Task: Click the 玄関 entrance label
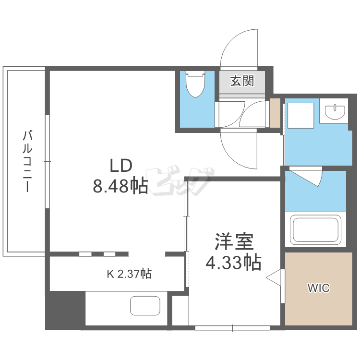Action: [242, 81]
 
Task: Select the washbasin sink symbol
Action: [335, 112]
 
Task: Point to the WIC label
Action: [318, 288]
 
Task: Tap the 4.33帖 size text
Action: [233, 262]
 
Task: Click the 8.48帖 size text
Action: [120, 186]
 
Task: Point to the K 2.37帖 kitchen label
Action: [129, 274]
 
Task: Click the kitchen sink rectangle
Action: [145, 305]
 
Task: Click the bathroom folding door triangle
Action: [307, 176]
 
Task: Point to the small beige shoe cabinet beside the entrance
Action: [275, 113]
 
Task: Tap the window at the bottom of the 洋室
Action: [233, 328]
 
